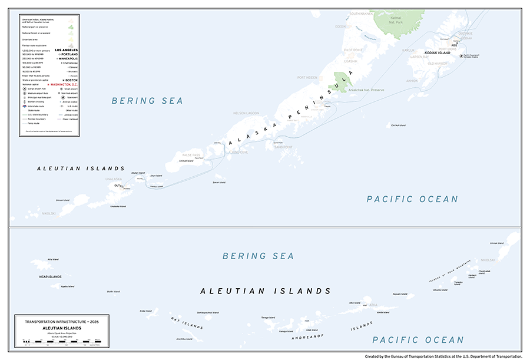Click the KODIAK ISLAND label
(451, 52)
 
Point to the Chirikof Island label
(397, 125)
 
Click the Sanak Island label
(218, 183)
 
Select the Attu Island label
(53, 259)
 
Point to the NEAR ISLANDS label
(50, 276)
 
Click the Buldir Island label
(113, 290)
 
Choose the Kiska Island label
(145, 311)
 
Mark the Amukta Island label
(440, 290)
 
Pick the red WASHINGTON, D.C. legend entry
(70, 84)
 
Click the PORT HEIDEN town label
(307, 77)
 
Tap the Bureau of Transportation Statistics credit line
(443, 356)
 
